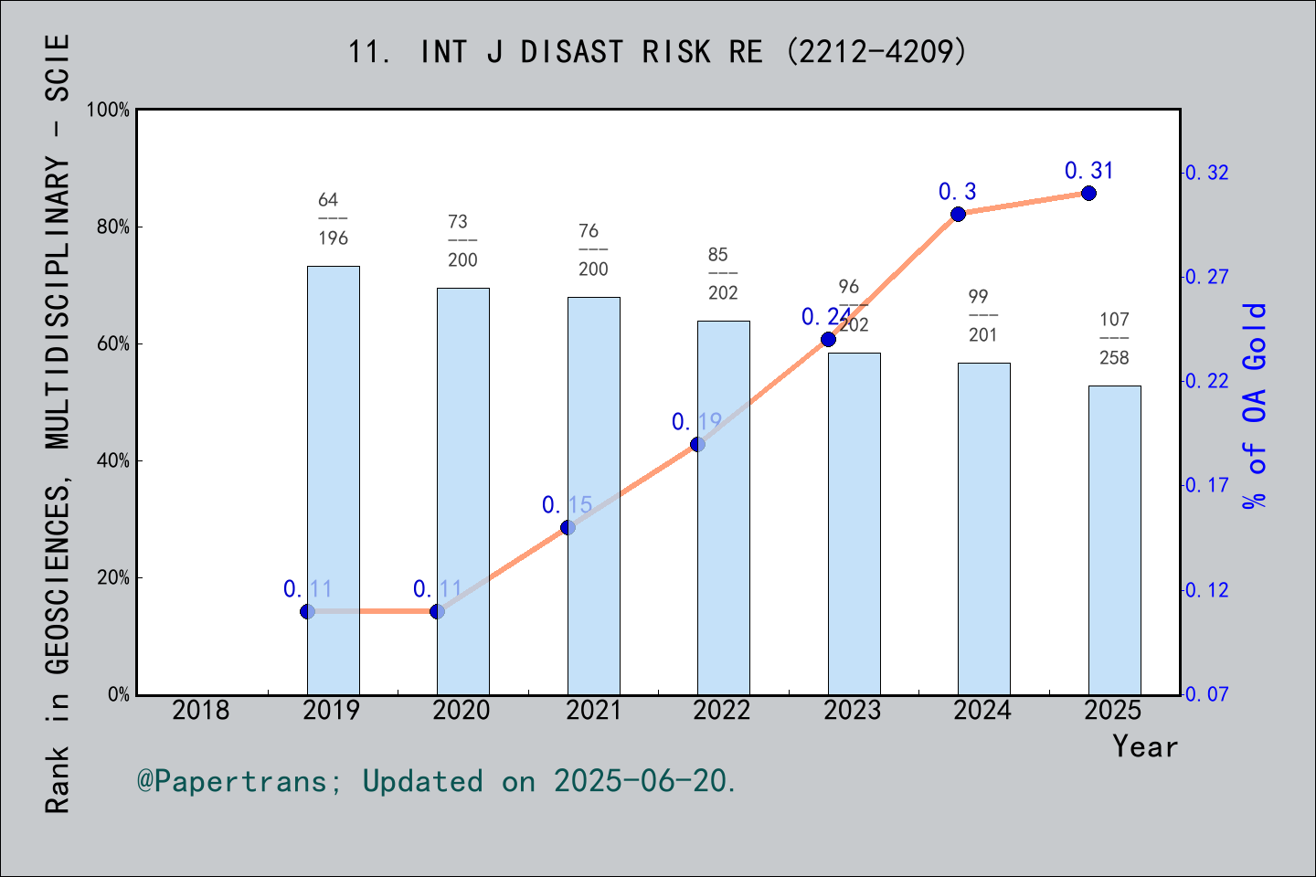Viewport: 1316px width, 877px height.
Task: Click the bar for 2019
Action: (333, 480)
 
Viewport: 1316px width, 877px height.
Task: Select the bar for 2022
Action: (723, 507)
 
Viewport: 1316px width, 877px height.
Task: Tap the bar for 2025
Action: (1114, 539)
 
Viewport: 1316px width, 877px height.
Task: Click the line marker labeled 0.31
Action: (1088, 193)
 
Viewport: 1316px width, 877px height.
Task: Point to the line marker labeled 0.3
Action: (958, 215)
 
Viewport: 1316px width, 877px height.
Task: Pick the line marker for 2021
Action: (568, 527)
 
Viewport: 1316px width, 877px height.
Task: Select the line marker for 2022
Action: (697, 444)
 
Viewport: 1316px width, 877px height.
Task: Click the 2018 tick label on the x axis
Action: (201, 710)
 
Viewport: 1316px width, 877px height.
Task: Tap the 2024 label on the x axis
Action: (982, 710)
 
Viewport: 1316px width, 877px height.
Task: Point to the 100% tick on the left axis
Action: (108, 110)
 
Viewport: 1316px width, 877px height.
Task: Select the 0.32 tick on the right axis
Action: (1206, 173)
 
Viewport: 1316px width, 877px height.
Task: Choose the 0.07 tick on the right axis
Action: (1206, 694)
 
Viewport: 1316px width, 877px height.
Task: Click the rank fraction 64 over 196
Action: (333, 218)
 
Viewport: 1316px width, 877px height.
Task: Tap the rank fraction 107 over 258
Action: (1114, 338)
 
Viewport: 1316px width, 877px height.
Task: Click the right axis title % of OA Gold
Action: (1255, 405)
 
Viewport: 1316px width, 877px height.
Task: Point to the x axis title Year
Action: (1144, 746)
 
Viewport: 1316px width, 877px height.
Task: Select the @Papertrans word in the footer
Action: (232, 781)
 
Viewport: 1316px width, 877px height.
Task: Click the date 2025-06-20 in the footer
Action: (643, 781)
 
